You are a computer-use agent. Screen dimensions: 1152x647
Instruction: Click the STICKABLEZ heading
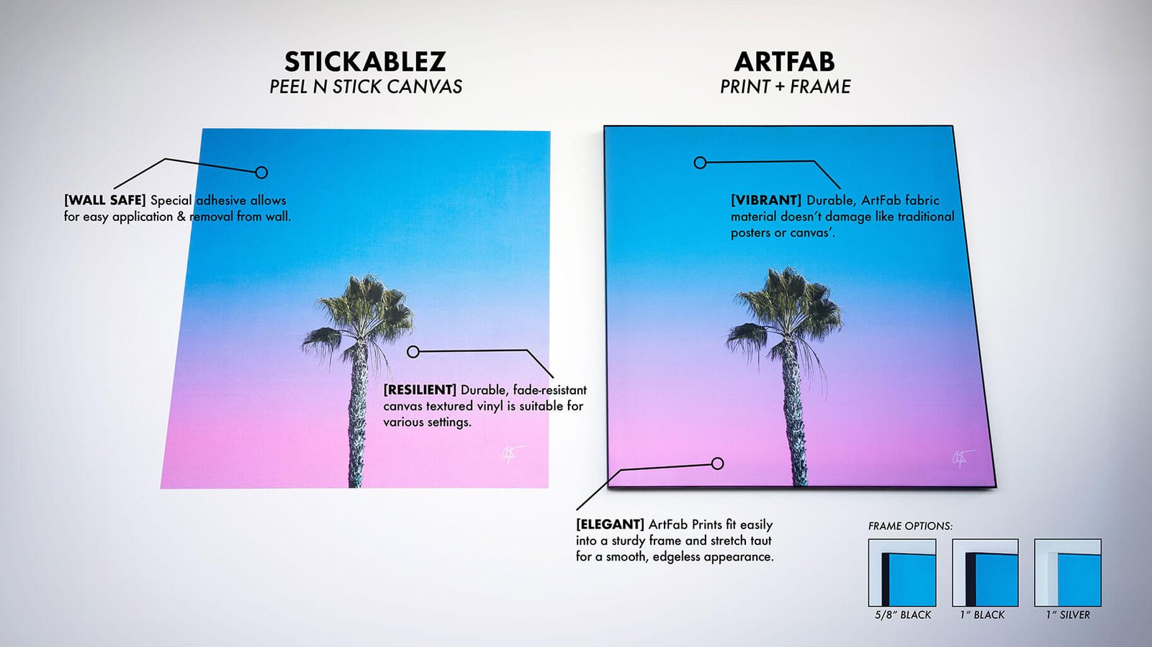365,62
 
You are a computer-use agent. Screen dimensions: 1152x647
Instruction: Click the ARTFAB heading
784,62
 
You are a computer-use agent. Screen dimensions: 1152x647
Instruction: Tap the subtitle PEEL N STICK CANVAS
366,86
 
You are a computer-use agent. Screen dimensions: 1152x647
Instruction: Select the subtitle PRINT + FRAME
785,86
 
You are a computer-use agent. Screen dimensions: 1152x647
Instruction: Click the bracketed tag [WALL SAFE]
105,200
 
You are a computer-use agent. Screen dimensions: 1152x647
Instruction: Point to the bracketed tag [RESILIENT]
420,389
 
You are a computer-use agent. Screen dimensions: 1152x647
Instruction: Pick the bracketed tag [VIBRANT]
766,200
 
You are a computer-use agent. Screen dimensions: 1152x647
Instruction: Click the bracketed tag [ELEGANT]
610,525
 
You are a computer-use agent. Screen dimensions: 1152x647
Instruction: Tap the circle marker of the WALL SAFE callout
261,172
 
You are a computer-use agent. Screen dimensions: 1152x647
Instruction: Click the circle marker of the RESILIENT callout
413,351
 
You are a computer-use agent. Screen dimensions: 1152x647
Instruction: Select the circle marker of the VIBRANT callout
700,163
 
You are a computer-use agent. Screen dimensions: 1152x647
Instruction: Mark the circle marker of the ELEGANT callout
717,463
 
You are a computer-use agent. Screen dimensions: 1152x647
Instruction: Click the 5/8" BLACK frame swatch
902,572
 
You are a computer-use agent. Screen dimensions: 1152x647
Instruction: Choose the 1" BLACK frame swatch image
985,572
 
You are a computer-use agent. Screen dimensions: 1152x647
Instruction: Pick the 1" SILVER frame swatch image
1068,572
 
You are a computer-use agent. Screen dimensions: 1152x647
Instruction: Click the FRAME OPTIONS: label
910,526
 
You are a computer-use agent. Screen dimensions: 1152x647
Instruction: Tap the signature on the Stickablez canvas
512,454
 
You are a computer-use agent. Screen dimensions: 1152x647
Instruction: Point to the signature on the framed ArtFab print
962,458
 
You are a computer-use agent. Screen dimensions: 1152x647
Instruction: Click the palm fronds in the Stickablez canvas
360,314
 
